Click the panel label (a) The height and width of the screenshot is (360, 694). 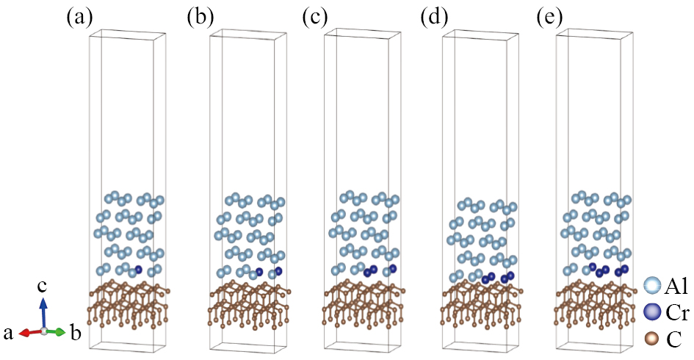tap(79, 18)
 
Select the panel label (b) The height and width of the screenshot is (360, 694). tap(200, 18)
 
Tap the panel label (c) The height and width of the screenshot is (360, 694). tap(316, 18)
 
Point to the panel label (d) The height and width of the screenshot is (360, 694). tap(434, 18)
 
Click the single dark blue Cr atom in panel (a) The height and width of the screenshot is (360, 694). tap(139, 269)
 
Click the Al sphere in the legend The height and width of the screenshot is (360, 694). tap(652, 285)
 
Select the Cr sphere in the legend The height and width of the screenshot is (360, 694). tap(652, 312)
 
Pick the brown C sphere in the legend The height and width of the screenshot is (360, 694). tap(652, 339)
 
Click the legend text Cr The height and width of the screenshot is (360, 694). tap(677, 314)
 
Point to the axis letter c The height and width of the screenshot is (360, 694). tap(42, 287)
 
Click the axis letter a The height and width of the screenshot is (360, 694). tap(8, 333)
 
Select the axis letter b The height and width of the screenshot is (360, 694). tap(76, 331)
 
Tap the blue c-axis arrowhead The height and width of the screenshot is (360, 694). tap(43, 303)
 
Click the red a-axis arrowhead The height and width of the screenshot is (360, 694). tap(24, 333)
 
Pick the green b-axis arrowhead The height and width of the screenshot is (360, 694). tap(61, 332)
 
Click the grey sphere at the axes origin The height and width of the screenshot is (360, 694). tap(43, 331)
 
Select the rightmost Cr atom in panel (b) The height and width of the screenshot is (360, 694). tap(278, 270)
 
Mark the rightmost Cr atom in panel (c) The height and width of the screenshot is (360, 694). tap(393, 269)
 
